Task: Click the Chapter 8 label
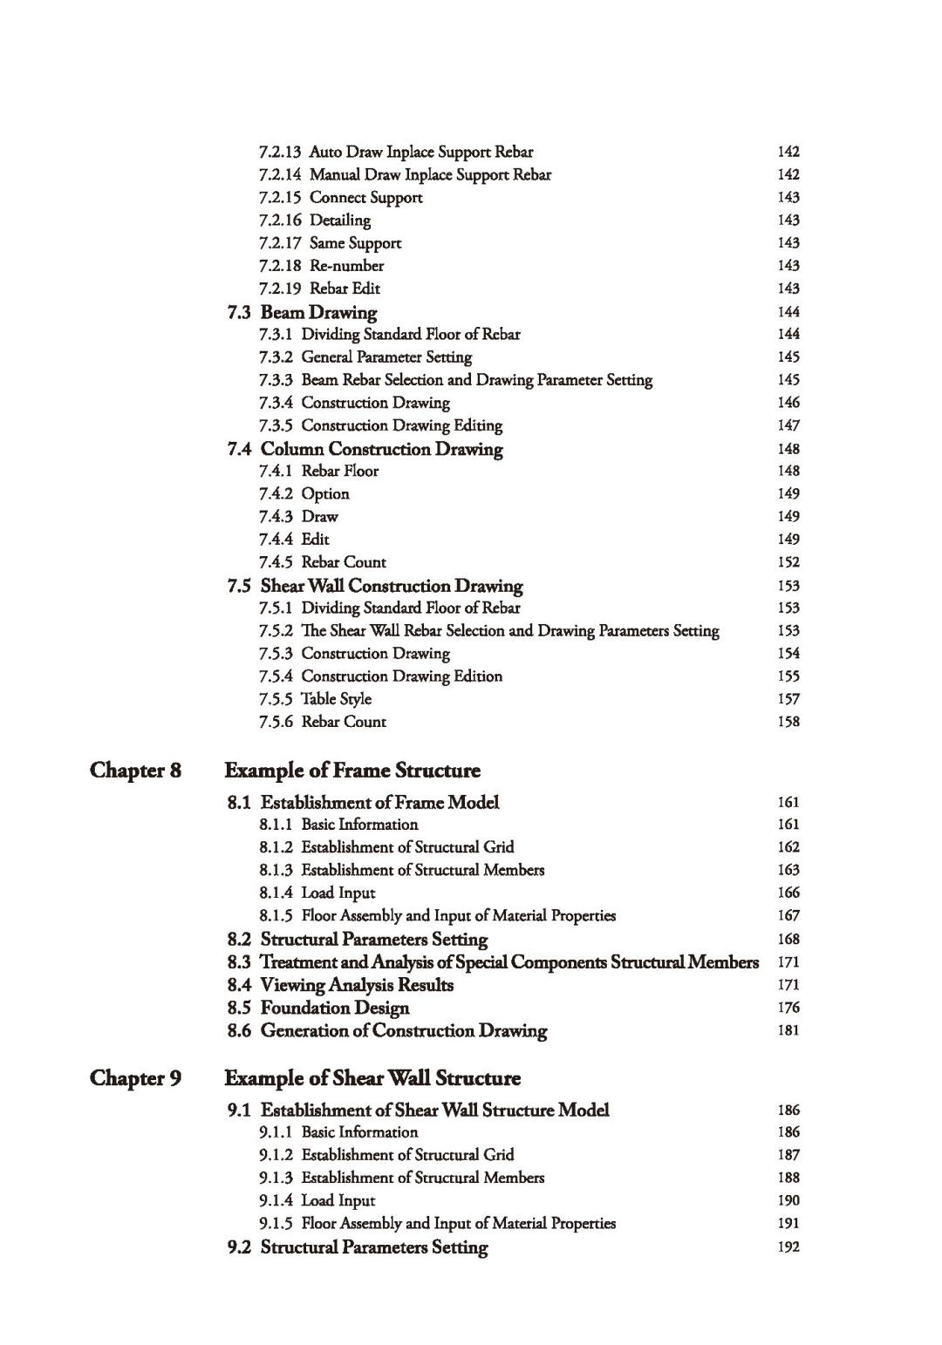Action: [135, 771]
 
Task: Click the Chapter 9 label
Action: [135, 1078]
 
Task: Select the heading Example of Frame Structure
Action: [352, 771]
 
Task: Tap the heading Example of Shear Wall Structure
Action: [372, 1078]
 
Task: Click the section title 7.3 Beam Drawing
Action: [302, 312]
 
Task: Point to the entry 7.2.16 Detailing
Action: [315, 221]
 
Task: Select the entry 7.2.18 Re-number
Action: [321, 266]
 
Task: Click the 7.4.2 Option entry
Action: [304, 493]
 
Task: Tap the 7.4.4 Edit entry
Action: [294, 540]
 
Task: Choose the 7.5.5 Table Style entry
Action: [315, 699]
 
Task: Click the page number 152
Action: [788, 562]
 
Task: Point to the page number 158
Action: [788, 722]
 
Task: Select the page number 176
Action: [788, 1008]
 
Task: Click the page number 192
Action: [788, 1247]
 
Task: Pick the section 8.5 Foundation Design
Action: [317, 1008]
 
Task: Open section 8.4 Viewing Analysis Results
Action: [340, 985]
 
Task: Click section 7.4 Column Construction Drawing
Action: [365, 449]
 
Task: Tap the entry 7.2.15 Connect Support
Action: [341, 198]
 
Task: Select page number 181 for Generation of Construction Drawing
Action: [788, 1030]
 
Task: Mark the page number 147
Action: [788, 425]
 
